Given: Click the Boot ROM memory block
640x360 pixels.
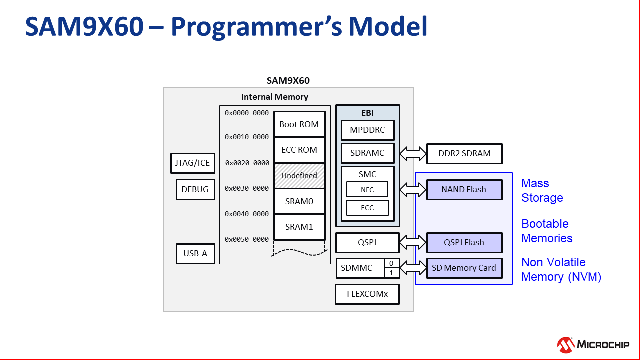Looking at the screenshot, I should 299,124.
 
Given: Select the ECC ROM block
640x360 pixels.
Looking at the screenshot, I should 299,150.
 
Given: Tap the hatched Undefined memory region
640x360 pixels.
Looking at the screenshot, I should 299,176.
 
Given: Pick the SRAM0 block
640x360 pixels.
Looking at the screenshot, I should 299,201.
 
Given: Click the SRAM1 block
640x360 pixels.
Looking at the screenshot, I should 299,227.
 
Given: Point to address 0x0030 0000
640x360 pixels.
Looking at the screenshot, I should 247,188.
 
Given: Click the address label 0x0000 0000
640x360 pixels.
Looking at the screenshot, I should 247,113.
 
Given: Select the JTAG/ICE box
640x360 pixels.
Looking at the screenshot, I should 193,163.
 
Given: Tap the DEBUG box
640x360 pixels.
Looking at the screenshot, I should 195,189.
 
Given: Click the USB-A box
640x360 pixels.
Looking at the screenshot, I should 195,253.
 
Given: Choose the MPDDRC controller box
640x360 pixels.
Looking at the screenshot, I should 367,130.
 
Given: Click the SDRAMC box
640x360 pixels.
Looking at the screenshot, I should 367,153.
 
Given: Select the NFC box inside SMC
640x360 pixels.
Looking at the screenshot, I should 367,190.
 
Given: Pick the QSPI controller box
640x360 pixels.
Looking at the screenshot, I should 367,242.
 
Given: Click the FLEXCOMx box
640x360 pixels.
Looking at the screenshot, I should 367,294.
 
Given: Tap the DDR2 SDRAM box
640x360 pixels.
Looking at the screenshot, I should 464,154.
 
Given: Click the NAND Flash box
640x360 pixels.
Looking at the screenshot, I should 464,190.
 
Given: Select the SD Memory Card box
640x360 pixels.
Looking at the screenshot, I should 464,268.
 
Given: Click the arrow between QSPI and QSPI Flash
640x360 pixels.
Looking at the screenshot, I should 413,242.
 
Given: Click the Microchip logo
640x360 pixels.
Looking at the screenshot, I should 593,344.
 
